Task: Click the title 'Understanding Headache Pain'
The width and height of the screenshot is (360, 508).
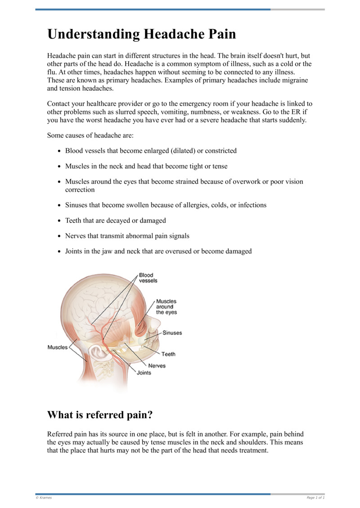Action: point(142,34)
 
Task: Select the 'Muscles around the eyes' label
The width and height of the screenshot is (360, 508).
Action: point(166,307)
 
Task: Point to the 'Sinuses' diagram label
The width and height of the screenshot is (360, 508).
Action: point(172,333)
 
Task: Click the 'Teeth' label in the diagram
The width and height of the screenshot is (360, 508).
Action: point(169,354)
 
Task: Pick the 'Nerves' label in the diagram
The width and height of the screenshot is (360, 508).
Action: point(157,365)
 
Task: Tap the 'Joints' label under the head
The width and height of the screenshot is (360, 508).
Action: point(144,373)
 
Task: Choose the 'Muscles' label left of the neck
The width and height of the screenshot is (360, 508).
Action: point(58,347)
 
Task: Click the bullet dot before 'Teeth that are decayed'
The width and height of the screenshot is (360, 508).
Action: point(60,221)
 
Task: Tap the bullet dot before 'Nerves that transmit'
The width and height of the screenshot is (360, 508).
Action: point(60,236)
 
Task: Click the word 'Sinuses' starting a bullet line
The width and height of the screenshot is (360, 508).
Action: point(77,205)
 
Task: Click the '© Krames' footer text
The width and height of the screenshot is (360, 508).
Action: point(44,498)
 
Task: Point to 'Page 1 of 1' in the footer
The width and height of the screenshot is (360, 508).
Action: point(315,498)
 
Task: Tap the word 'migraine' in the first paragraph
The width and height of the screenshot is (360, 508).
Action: point(295,80)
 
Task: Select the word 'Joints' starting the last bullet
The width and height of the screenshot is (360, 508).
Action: point(75,251)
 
